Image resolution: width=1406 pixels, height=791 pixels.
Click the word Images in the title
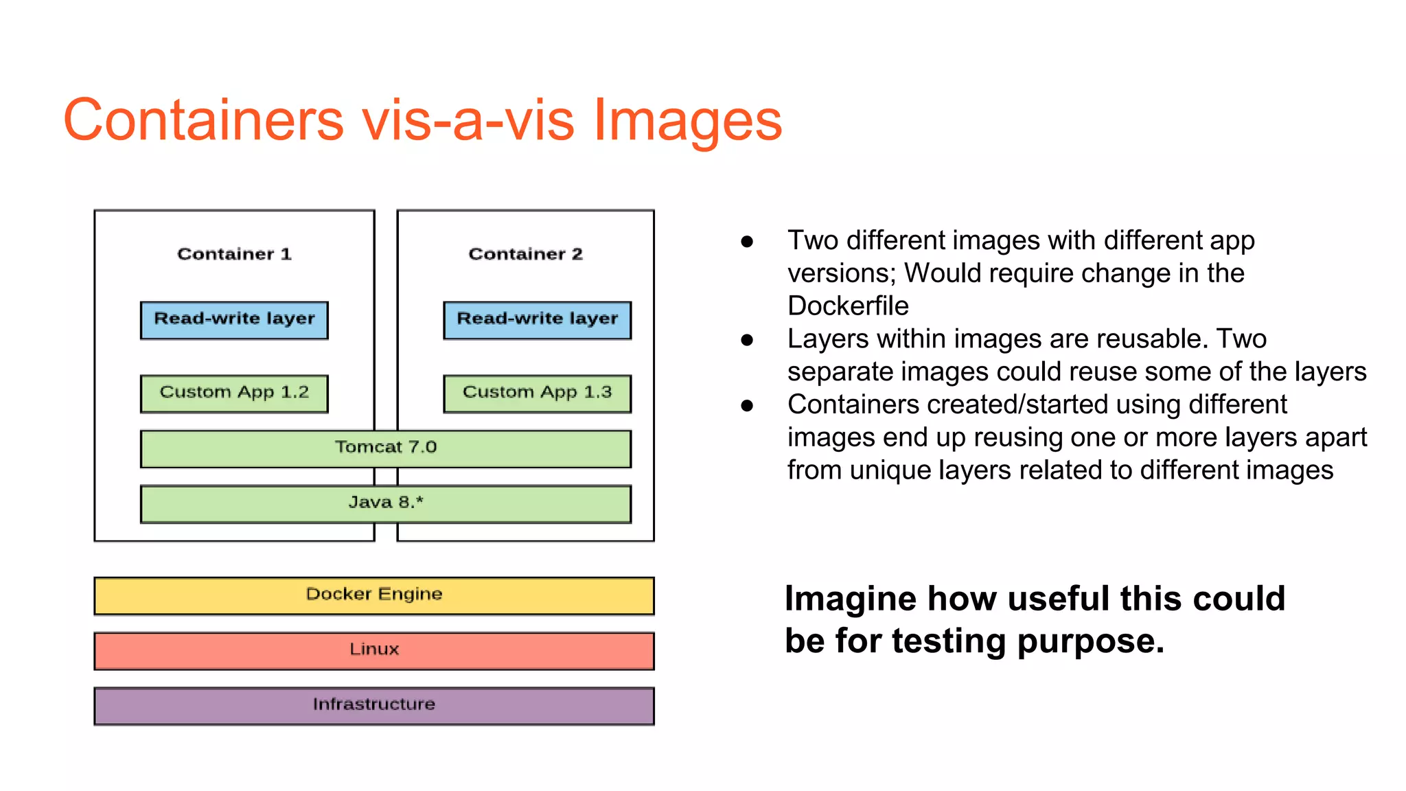coord(687,120)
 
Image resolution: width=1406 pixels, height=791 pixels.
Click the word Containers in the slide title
coord(203,120)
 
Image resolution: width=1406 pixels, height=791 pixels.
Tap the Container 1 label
coord(234,254)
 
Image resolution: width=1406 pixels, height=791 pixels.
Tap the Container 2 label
coord(525,254)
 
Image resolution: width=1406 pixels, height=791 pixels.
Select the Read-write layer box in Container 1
coord(234,320)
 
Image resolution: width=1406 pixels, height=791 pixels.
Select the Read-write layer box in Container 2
coord(537,320)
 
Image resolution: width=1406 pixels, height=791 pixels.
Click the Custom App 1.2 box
coord(234,393)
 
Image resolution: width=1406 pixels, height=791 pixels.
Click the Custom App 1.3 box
coord(537,393)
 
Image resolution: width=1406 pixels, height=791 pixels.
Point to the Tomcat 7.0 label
coord(386,447)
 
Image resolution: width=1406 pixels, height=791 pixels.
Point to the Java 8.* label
coord(386,503)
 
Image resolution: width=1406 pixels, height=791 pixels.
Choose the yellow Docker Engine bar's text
coord(374,594)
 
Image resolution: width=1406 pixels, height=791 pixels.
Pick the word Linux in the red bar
coord(374,649)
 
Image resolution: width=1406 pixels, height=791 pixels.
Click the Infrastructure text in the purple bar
coord(374,704)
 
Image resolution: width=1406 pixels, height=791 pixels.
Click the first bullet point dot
coord(747,241)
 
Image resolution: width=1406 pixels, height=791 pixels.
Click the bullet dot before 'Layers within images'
coord(747,339)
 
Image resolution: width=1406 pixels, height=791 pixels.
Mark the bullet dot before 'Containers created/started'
coord(747,405)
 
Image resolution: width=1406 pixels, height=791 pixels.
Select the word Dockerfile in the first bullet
coord(848,306)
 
